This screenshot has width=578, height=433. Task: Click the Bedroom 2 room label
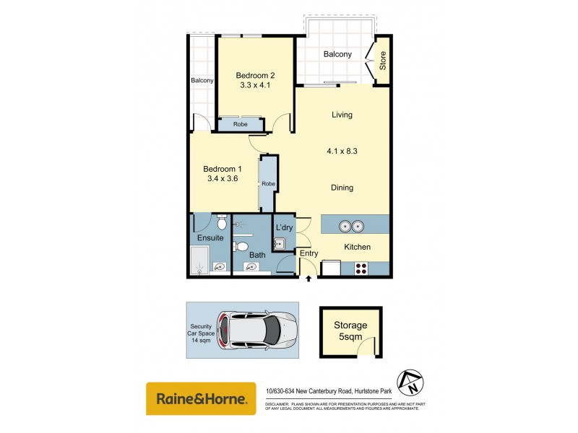point(255,74)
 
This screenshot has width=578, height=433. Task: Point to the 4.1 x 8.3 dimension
point(342,152)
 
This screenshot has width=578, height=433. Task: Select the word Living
point(342,115)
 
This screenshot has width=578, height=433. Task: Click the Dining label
point(342,188)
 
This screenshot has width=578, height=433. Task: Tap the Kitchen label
point(357,247)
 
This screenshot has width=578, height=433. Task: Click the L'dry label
point(283,228)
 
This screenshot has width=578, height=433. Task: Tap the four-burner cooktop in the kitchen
point(361,268)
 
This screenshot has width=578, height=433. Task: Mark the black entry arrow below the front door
point(309,279)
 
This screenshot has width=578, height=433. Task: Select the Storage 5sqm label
point(350,331)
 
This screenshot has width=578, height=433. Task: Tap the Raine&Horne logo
point(201,398)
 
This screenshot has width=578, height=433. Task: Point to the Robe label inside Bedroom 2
point(241,124)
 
